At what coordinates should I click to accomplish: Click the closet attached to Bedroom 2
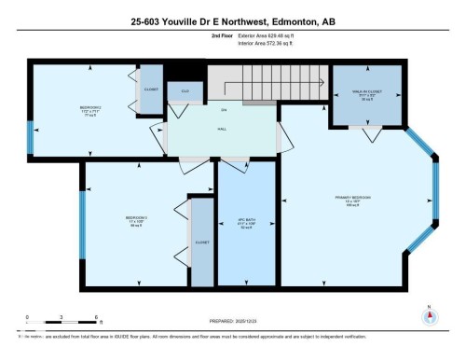tap(151, 90)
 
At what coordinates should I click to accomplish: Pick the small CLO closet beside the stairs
tap(185, 90)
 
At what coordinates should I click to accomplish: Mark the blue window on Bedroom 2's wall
tap(30, 138)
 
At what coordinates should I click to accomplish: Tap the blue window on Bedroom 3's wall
tap(82, 225)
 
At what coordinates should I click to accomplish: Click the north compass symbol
tap(430, 314)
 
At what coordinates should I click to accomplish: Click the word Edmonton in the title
tap(283, 21)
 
